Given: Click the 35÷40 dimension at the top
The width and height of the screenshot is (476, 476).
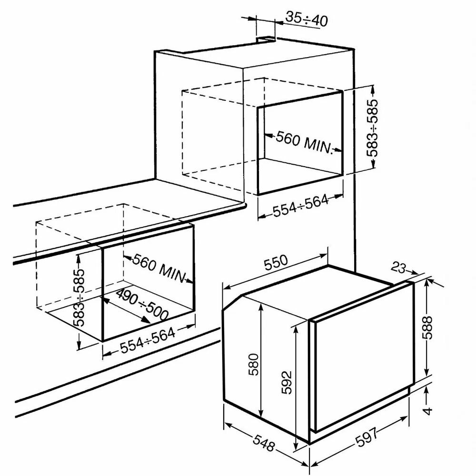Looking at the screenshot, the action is click(307, 20).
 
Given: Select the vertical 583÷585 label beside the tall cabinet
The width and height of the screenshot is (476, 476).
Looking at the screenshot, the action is click(372, 128).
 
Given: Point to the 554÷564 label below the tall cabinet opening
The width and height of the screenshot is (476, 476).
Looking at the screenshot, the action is click(300, 206).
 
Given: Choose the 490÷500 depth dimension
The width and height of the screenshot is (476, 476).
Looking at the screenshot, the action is click(142, 305).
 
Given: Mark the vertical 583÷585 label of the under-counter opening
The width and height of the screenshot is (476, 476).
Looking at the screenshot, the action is click(79, 297).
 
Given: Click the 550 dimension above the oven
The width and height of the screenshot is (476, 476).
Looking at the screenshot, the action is click(276, 263).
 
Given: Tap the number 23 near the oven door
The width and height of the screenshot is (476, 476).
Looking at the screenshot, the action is click(398, 268).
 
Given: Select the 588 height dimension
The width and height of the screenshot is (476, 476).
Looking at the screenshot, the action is click(427, 327).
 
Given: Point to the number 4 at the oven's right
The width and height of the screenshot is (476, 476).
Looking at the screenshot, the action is click(428, 411).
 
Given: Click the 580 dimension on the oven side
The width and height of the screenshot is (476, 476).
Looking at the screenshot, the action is click(254, 364).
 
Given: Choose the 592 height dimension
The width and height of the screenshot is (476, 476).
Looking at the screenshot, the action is click(286, 382).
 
